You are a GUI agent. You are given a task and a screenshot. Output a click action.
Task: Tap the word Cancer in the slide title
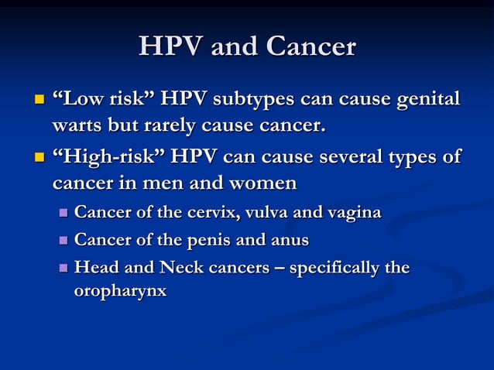(x=310, y=47)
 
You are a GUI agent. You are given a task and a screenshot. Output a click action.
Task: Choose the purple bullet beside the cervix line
(x=63, y=213)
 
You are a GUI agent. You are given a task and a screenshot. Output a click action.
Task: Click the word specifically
(x=325, y=269)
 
